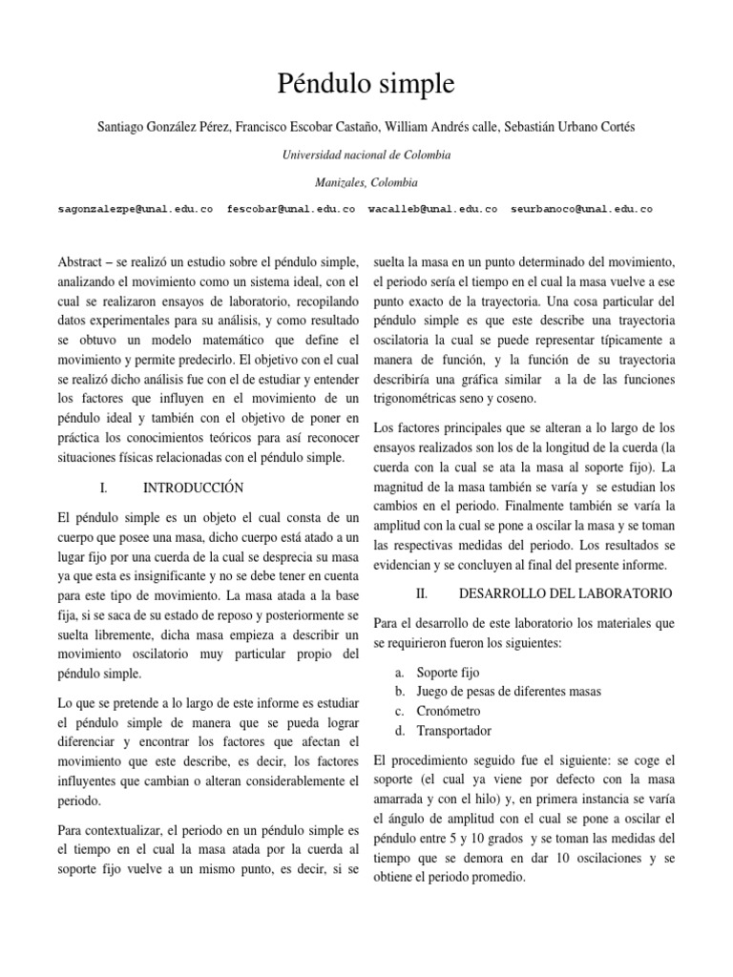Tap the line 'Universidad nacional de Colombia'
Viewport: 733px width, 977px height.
(366, 155)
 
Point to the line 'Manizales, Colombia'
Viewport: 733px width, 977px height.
(366, 181)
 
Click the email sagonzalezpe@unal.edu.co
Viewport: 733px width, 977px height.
(136, 209)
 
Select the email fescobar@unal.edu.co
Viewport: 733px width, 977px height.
(290, 209)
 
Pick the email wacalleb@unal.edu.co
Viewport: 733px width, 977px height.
(432, 209)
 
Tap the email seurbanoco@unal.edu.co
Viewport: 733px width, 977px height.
(581, 209)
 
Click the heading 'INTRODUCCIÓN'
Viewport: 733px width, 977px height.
(193, 488)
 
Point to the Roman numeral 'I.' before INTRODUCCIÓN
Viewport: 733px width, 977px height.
(103, 488)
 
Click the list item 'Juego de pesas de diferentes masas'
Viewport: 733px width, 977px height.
(507, 691)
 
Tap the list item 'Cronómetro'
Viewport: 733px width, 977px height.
(449, 711)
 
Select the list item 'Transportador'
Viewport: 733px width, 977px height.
(454, 731)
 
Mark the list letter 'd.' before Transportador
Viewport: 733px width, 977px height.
(401, 731)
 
